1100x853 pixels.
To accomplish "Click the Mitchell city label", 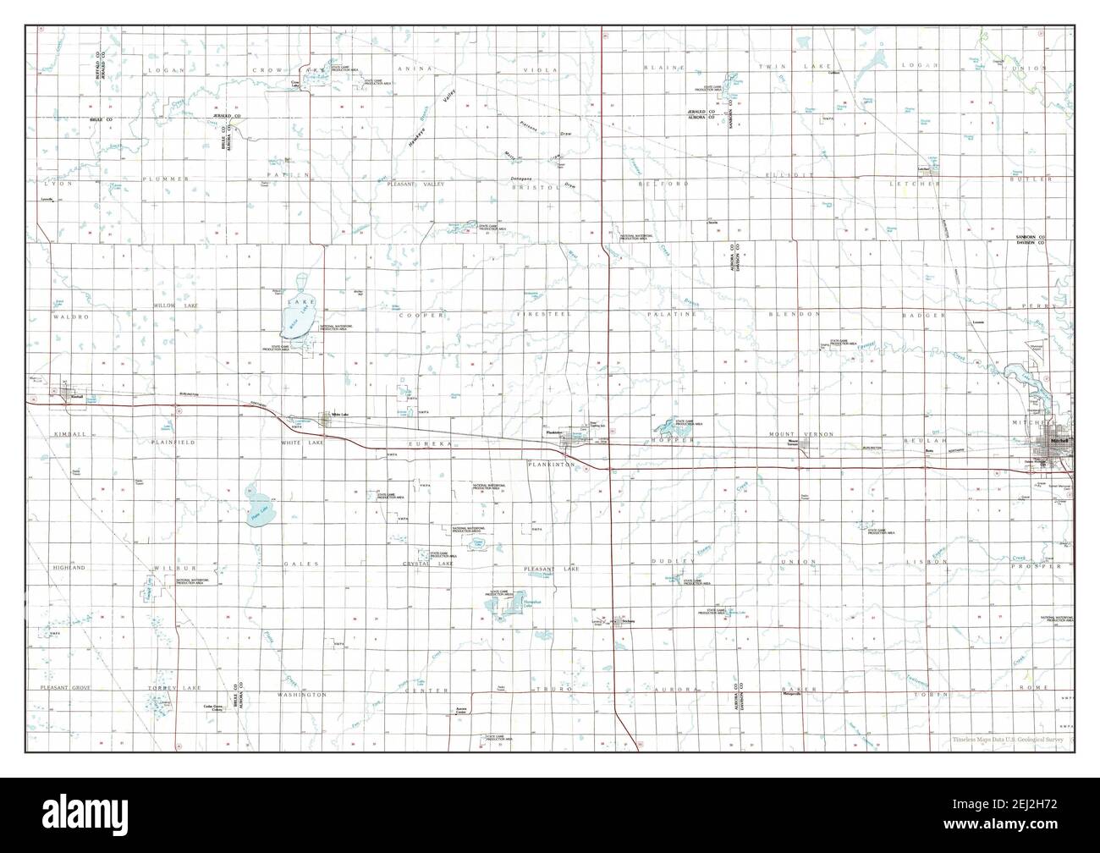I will [1059, 442].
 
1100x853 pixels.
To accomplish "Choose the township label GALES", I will [300, 563].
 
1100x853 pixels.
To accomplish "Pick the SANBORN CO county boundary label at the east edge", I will [1031, 237].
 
